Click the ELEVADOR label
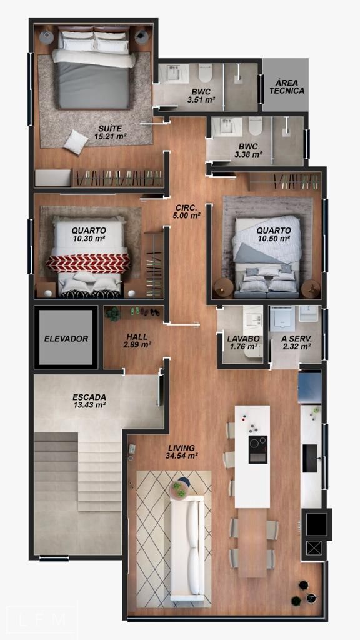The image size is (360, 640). tap(66, 339)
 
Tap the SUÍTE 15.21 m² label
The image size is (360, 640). tap(110, 132)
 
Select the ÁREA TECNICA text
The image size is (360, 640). tap(287, 87)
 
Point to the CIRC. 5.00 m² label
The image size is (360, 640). tap(186, 211)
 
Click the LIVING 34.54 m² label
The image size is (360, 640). tap(182, 452)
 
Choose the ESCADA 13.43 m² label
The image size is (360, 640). tap(89, 401)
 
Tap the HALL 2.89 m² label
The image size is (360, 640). tap(137, 341)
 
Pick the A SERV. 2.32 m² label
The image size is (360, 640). tap(297, 342)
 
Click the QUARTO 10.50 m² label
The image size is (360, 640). tap(274, 234)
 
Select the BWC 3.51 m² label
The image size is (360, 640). tap(201, 96)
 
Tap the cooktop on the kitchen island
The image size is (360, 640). tap(258, 449)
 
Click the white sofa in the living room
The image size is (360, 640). tap(187, 547)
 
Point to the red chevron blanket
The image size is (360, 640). tap(87, 263)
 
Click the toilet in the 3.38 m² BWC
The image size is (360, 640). tap(256, 126)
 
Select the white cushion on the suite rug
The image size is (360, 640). tap(76, 142)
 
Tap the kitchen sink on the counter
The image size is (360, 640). tap(310, 458)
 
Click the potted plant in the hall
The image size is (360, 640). tap(113, 314)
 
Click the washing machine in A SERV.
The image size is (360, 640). tap(282, 318)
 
